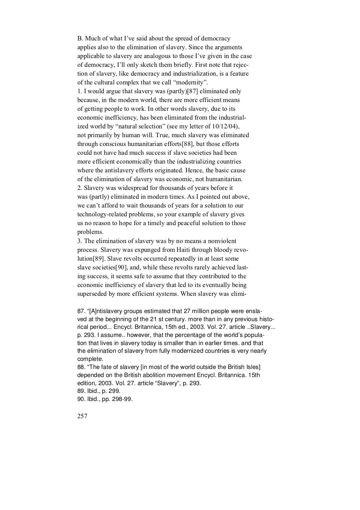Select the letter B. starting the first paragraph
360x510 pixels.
[79, 39]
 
